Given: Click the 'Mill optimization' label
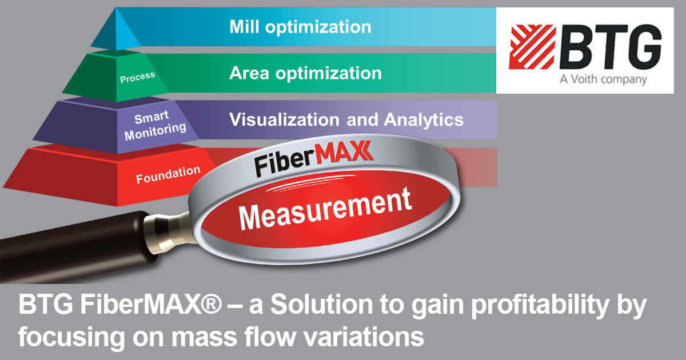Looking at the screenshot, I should point(300,27).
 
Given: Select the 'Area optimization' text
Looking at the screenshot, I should point(305,73).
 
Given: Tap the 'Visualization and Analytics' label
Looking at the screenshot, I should point(346,119).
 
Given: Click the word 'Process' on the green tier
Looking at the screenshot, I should point(137,78).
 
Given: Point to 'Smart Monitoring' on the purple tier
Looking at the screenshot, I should point(155,124).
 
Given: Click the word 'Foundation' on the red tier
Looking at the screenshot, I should point(168,174).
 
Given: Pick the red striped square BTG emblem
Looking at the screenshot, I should point(532,51).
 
